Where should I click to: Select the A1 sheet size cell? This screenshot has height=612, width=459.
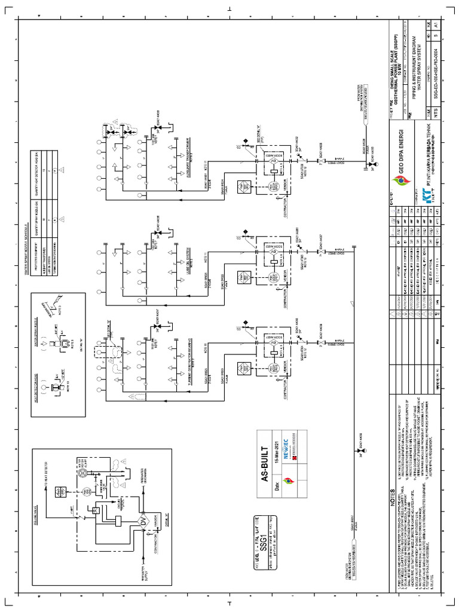click(x=436, y=26)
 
